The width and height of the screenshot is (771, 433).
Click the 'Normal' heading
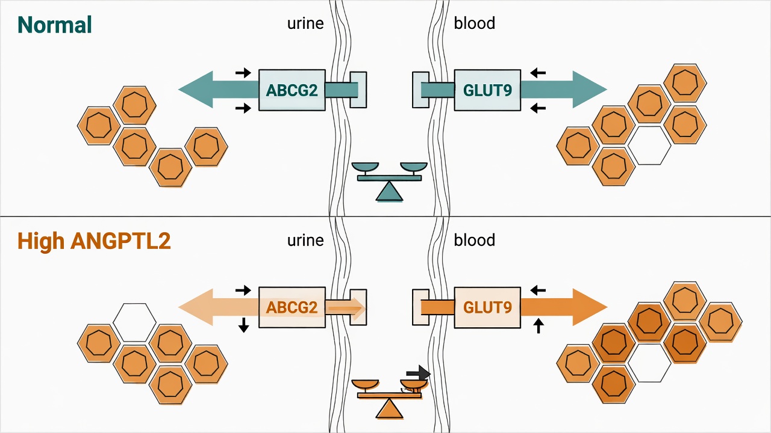[x=55, y=25]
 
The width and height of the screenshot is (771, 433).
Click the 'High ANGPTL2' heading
[x=94, y=241]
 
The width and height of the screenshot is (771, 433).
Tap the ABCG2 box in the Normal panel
[x=292, y=90]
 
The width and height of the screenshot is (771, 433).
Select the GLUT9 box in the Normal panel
[x=487, y=90]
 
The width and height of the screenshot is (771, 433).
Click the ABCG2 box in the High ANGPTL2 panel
[x=292, y=307]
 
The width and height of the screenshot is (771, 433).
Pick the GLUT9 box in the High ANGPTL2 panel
[x=487, y=307]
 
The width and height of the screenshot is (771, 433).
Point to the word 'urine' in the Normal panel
[x=305, y=23]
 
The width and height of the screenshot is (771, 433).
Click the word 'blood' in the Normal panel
[x=474, y=23]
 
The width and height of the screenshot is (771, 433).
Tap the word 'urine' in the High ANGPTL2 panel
[x=305, y=240]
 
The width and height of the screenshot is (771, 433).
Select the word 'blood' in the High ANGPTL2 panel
[x=474, y=240]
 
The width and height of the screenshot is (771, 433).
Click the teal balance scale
[x=389, y=182]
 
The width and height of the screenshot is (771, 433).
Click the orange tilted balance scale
[x=389, y=399]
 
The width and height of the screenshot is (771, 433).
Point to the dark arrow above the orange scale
[x=418, y=373]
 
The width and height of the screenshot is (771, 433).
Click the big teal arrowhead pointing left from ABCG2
[x=196, y=90]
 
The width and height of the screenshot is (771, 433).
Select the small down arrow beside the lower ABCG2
[x=244, y=325]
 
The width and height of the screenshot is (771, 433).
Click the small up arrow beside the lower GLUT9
[x=538, y=326]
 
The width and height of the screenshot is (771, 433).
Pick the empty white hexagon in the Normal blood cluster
[x=649, y=146]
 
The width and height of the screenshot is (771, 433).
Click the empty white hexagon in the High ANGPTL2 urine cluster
[x=134, y=322]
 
